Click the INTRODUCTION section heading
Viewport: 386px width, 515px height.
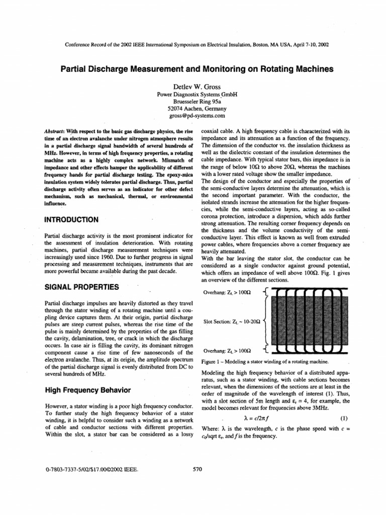click(74, 219)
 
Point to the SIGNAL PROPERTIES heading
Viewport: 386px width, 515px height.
click(82, 287)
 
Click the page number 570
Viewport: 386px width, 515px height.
click(197, 469)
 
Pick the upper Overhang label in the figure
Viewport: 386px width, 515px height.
click(227, 292)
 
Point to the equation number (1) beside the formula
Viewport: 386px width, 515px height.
click(344, 417)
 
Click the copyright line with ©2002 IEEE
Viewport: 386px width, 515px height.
click(91, 469)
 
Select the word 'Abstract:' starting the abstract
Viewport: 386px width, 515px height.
click(56, 131)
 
